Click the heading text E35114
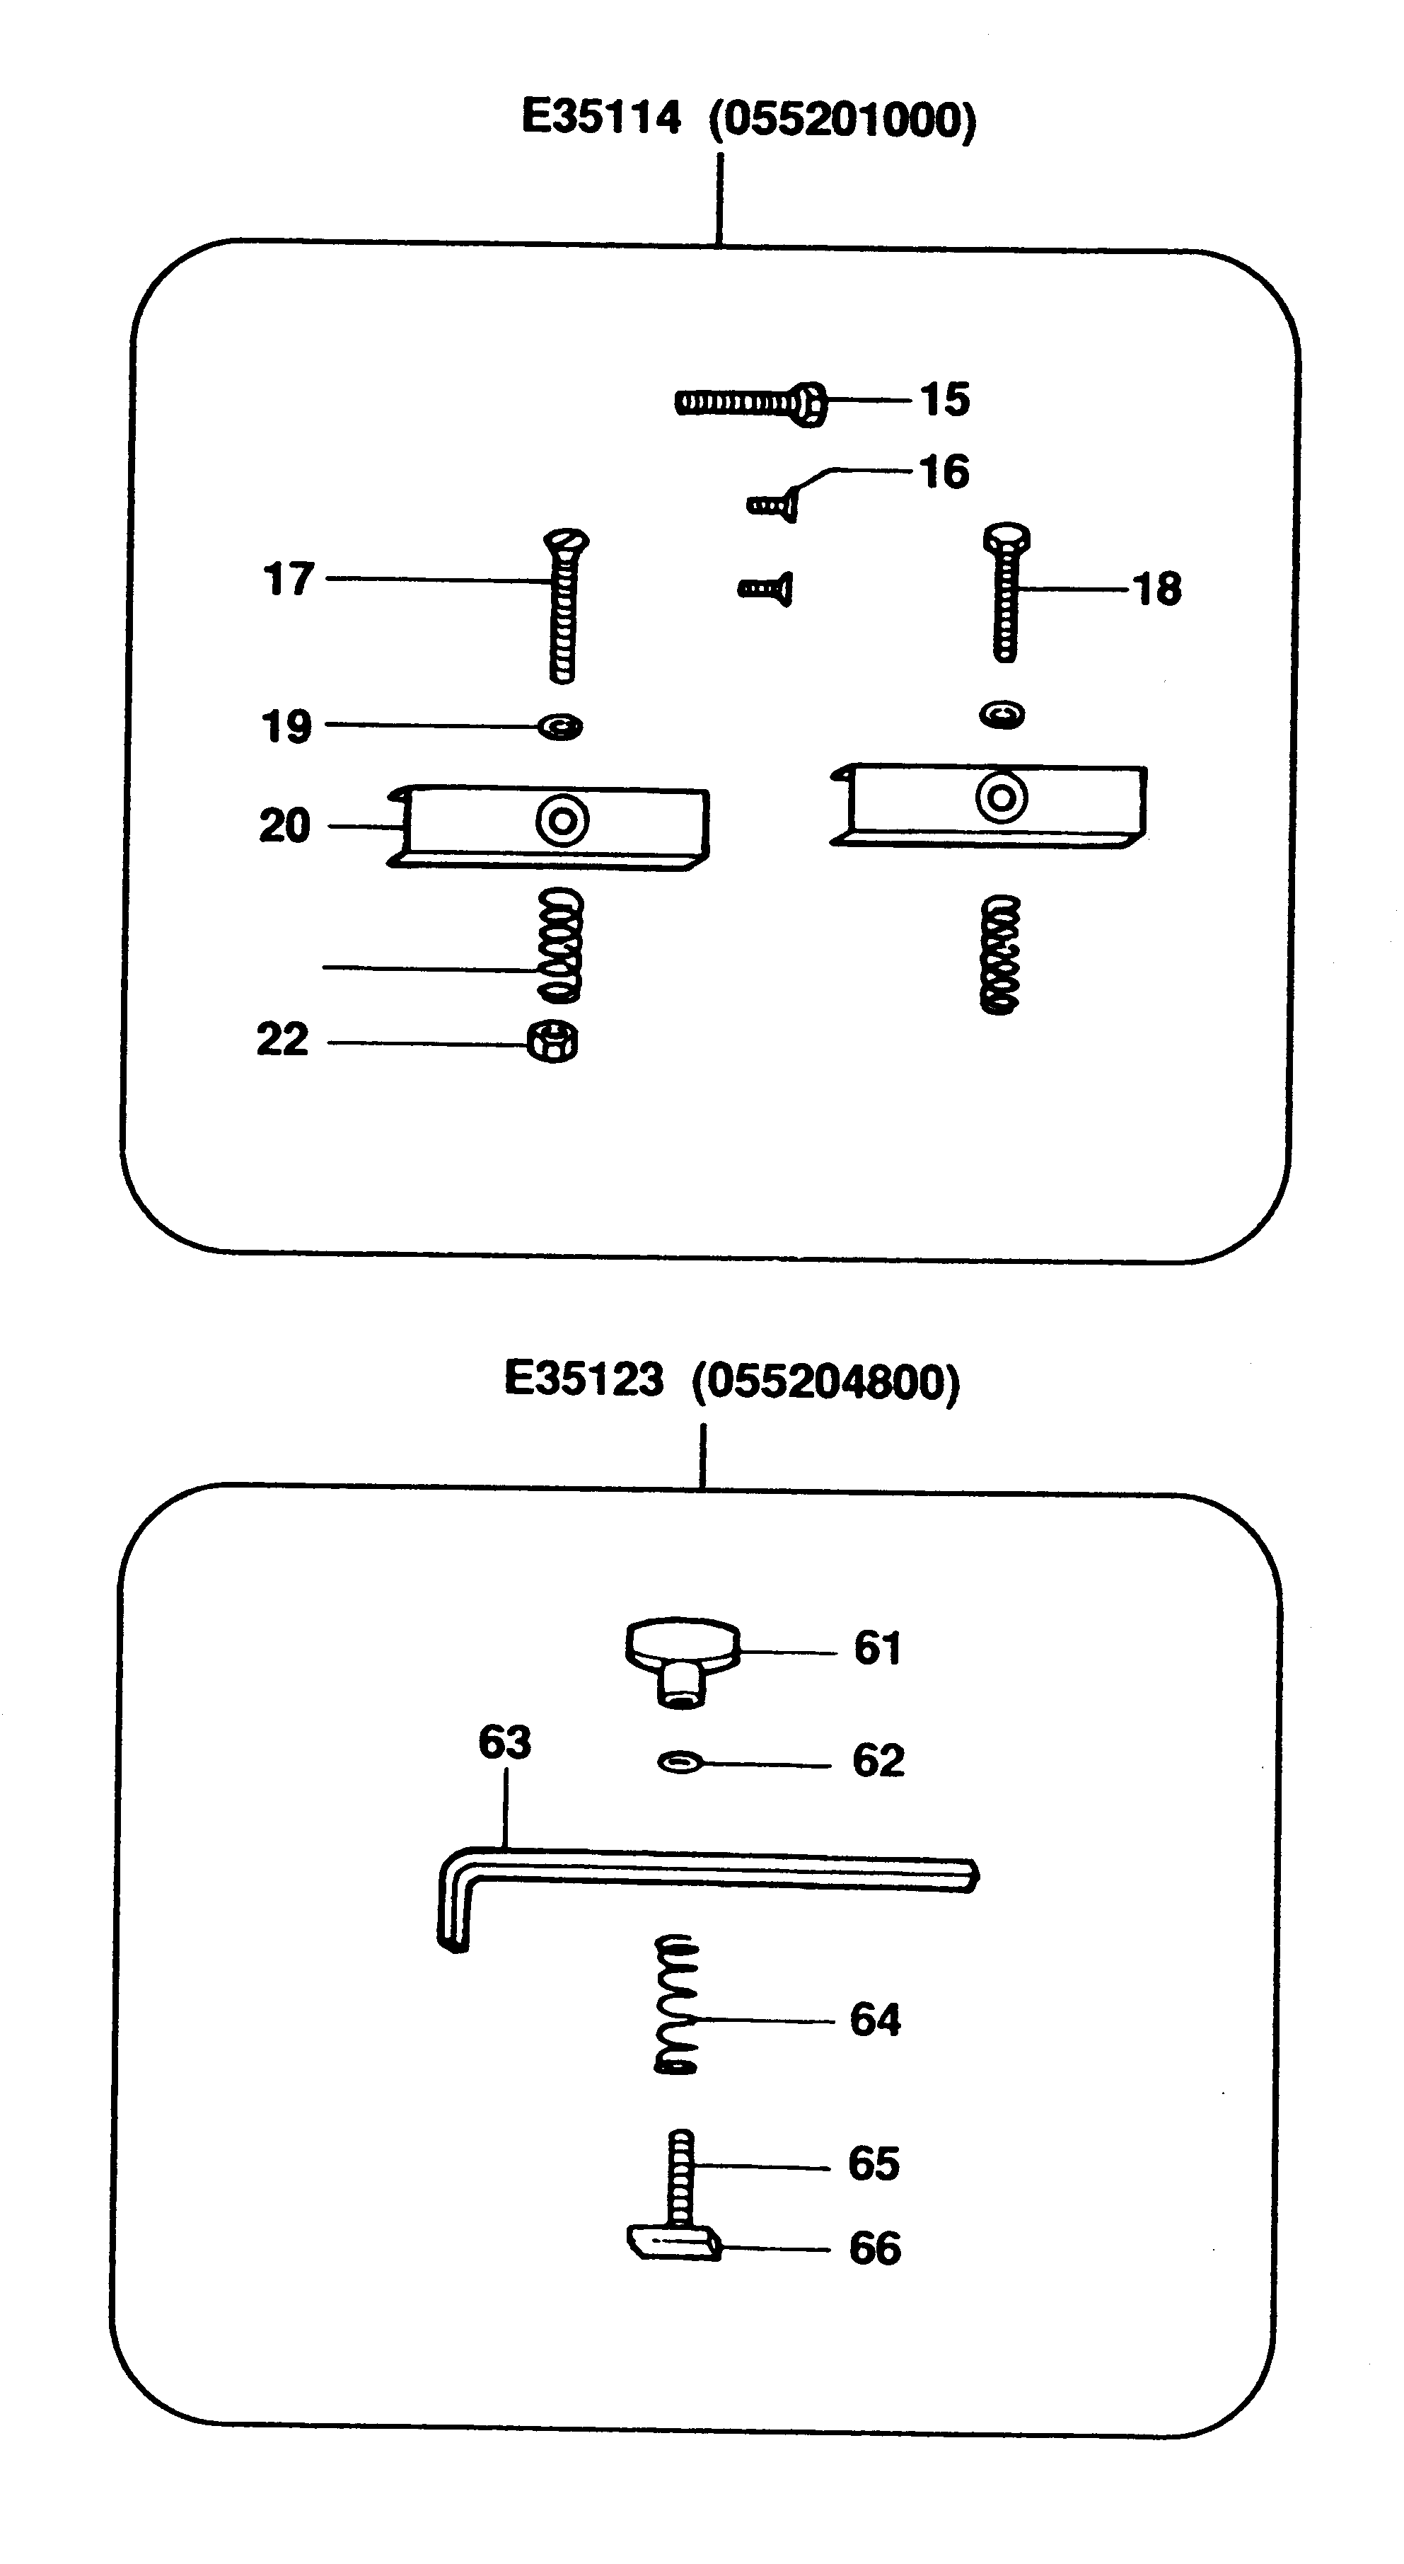click(601, 118)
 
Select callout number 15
click(944, 400)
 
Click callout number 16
click(944, 473)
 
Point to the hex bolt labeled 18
click(1006, 594)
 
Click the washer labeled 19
click(560, 727)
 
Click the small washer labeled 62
click(680, 1763)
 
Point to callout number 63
click(504, 1743)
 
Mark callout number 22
click(283, 1040)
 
